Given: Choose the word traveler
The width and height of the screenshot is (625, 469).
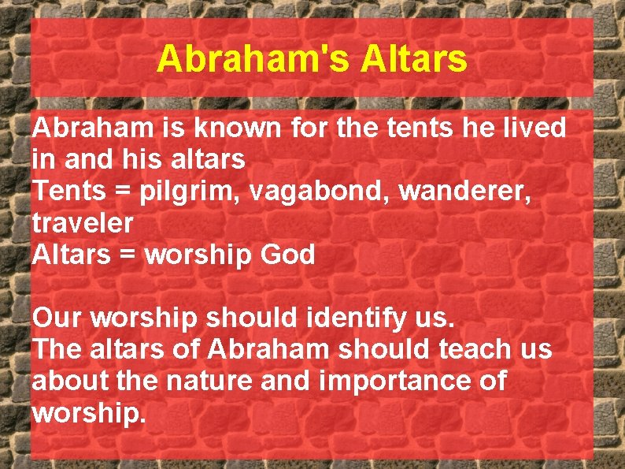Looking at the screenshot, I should click(x=83, y=223).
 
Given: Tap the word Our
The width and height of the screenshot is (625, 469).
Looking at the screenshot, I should click(x=57, y=318).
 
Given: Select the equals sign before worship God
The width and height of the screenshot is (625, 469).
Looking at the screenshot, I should click(x=129, y=255).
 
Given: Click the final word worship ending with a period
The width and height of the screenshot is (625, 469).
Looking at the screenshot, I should click(x=89, y=414).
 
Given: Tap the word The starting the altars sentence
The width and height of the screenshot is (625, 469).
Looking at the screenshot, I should click(x=57, y=350).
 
